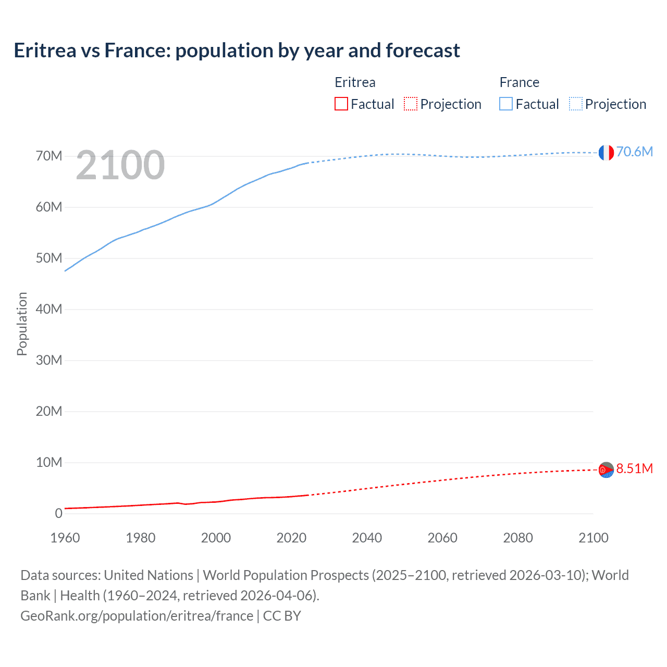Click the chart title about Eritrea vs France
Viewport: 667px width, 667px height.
point(237,51)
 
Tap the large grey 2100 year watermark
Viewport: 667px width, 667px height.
point(120,165)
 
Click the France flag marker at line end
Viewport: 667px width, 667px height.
point(606,153)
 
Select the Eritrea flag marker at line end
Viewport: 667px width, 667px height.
point(606,470)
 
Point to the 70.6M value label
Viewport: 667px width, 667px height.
point(634,152)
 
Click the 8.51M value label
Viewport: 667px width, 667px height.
point(634,468)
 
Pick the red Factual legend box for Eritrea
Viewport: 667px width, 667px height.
point(341,104)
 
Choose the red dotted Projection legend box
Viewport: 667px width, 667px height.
point(411,104)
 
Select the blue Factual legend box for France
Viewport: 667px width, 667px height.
point(506,104)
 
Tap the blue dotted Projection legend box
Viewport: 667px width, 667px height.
point(576,104)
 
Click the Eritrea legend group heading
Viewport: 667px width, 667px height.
point(355,82)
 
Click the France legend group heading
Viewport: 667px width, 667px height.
point(519,82)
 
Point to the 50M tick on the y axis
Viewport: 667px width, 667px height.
point(49,258)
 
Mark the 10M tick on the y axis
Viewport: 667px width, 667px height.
point(49,463)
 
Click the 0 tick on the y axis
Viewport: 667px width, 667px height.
point(58,514)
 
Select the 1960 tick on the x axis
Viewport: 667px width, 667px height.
point(65,538)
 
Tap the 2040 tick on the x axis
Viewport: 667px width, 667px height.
point(367,538)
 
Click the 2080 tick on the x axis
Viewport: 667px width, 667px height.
point(518,538)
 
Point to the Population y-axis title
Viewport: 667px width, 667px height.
point(22,324)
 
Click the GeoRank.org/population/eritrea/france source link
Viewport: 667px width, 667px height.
point(137,616)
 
